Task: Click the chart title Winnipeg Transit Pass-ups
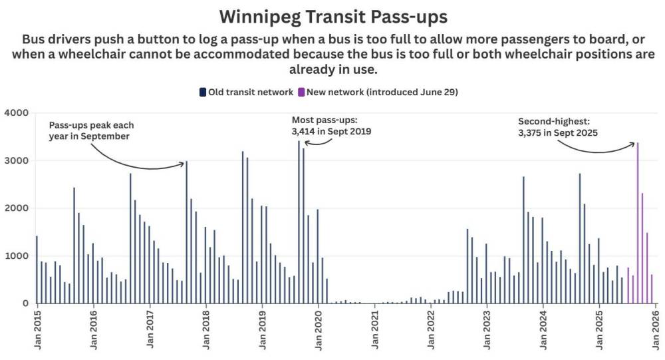click(332, 15)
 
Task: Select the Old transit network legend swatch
click(203, 92)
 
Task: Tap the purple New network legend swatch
click(301, 92)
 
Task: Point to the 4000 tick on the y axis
click(16, 113)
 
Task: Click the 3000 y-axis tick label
click(16, 161)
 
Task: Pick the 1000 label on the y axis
click(16, 256)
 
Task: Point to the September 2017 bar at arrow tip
click(186, 232)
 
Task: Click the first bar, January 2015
click(37, 270)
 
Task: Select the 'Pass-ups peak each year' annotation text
click(90, 130)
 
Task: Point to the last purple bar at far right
click(652, 289)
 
